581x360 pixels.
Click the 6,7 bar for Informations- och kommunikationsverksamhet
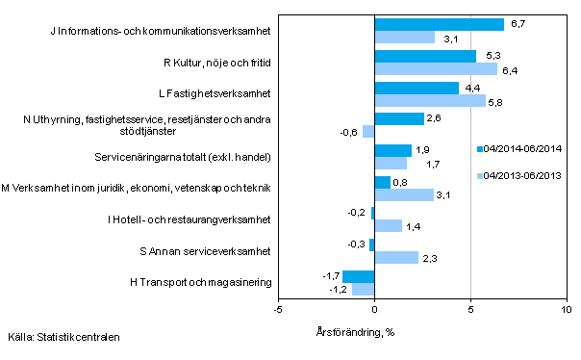point(439,25)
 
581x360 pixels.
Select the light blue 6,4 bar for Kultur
point(436,69)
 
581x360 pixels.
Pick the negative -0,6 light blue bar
point(368,132)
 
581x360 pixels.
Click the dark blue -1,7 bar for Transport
point(358,277)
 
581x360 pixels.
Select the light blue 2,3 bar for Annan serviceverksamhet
point(396,258)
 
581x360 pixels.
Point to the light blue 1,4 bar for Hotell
point(388,226)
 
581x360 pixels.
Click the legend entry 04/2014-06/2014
point(518,149)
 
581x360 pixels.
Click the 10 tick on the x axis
point(566,310)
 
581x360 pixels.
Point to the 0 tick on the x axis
point(374,310)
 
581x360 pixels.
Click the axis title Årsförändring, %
point(357,332)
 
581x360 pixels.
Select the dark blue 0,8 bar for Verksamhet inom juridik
point(382,182)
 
